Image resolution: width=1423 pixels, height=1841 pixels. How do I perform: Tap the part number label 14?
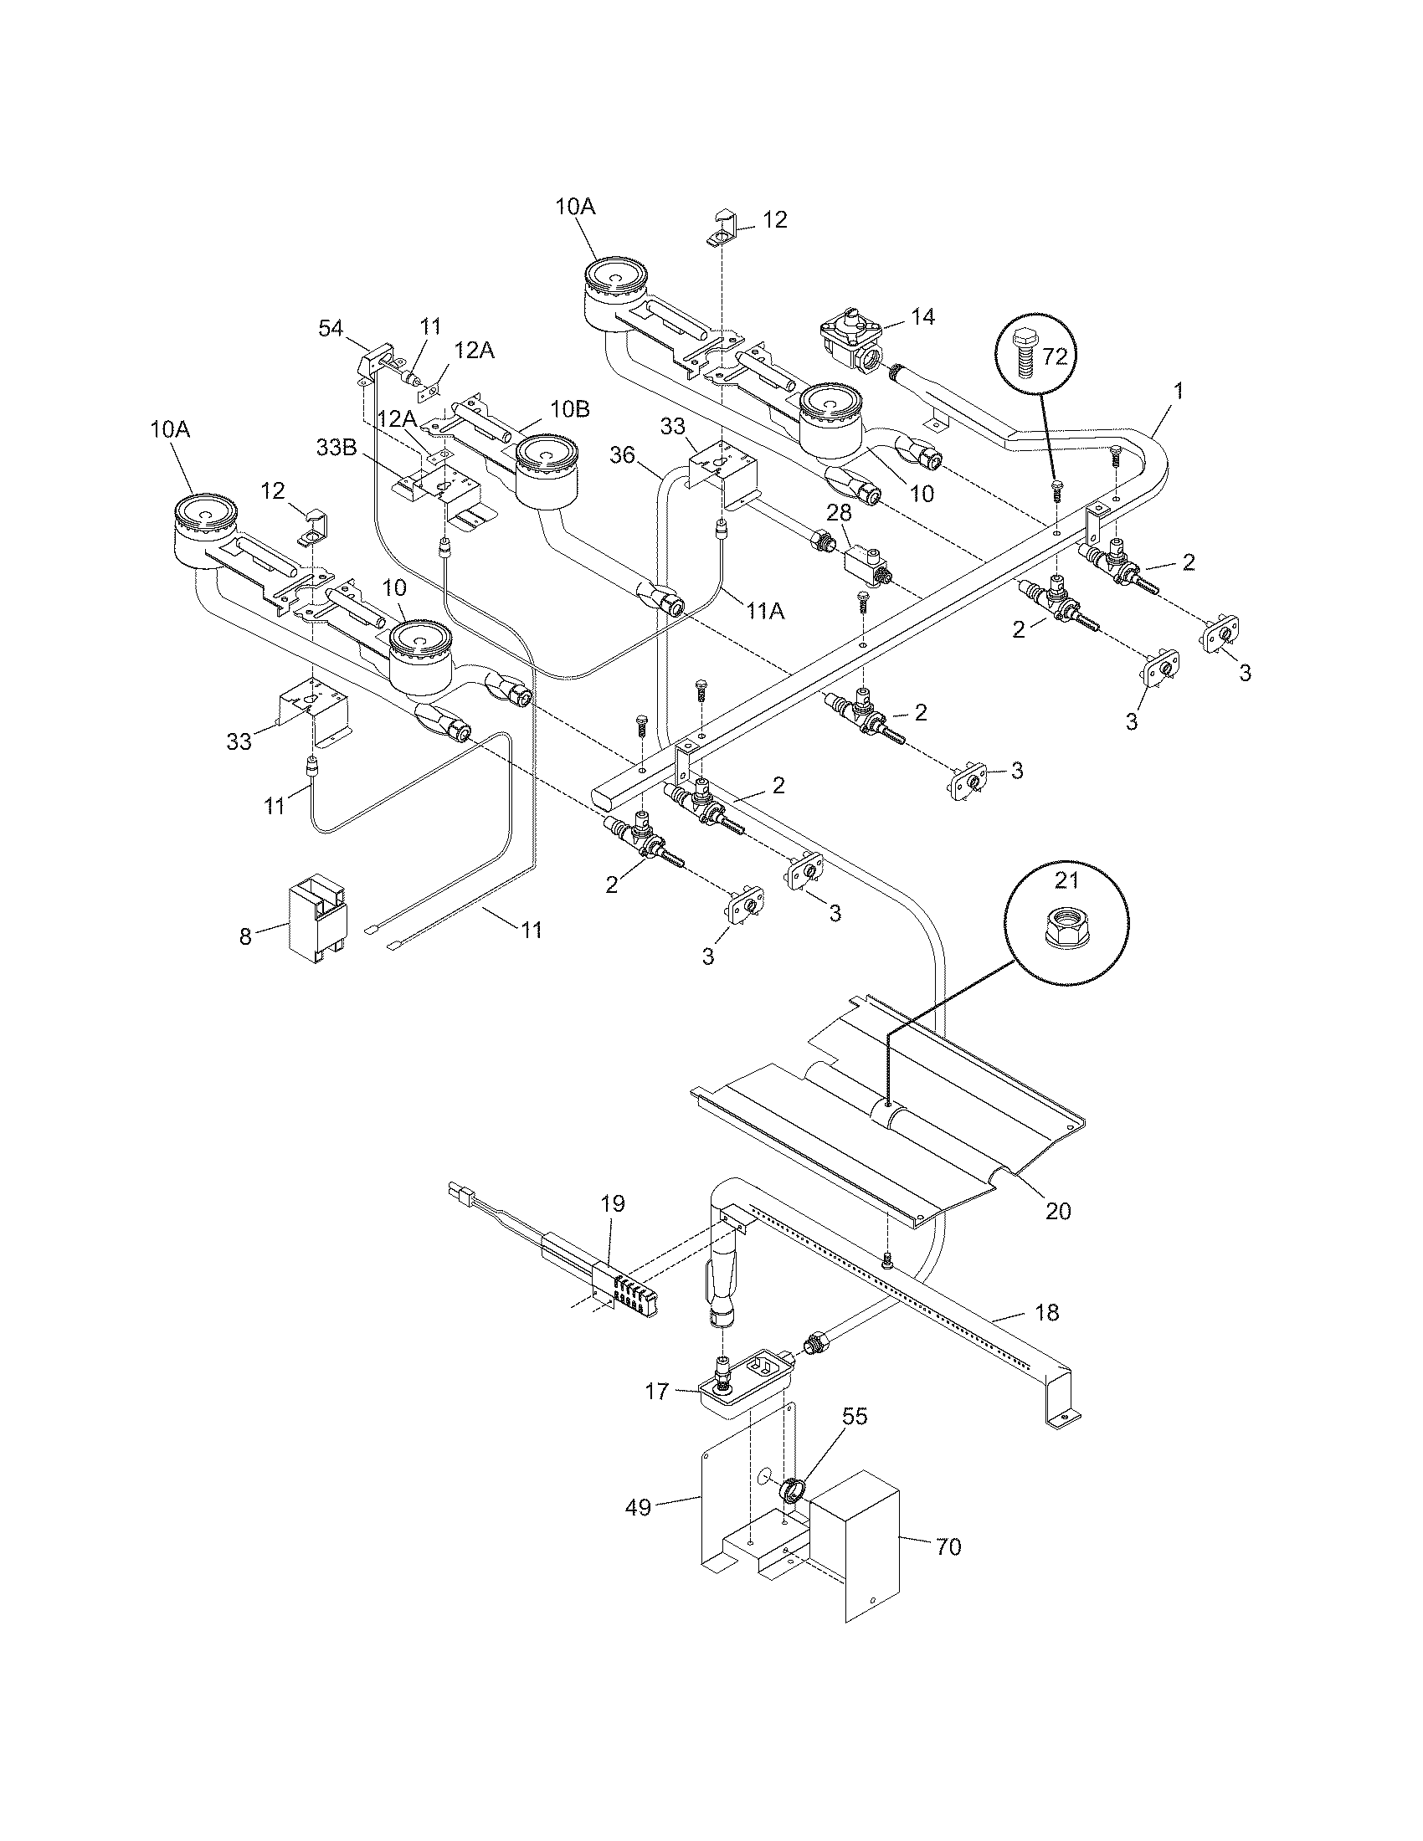click(x=923, y=316)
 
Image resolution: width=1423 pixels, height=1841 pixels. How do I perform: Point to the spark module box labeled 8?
click(x=316, y=918)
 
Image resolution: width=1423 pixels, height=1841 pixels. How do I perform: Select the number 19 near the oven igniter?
click(x=613, y=1203)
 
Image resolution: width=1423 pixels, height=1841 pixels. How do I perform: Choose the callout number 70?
click(x=948, y=1546)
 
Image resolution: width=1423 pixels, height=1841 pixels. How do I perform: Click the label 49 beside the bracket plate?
click(x=639, y=1507)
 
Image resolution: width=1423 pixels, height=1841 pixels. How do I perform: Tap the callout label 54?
click(x=331, y=328)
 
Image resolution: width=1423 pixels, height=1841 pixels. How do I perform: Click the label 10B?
click(x=571, y=411)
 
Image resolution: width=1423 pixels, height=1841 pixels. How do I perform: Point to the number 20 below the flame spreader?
click(x=1058, y=1211)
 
